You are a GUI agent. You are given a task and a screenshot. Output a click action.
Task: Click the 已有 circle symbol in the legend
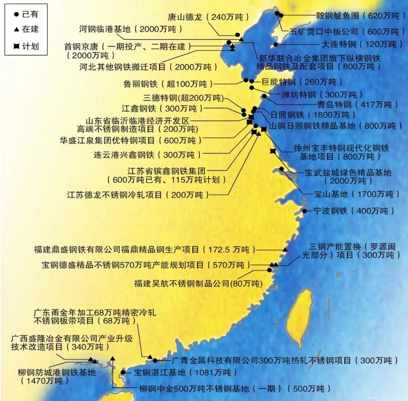click(x=16, y=15)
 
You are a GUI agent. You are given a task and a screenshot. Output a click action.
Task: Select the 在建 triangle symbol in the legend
click(x=16, y=29)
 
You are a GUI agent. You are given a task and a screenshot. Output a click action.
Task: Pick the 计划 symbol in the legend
click(x=16, y=47)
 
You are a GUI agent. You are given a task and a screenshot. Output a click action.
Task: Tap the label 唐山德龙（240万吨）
click(x=208, y=17)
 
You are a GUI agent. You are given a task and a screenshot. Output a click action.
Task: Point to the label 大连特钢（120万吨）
click(x=362, y=44)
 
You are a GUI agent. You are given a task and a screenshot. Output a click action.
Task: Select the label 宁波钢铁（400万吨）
click(x=354, y=211)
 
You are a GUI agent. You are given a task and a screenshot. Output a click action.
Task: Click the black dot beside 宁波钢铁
click(x=304, y=211)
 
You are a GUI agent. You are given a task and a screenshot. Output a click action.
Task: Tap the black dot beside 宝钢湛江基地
click(x=123, y=372)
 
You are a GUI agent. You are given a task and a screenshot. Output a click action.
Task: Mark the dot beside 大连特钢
click(x=276, y=45)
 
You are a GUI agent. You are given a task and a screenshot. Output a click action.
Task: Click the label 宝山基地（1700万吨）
click(x=356, y=194)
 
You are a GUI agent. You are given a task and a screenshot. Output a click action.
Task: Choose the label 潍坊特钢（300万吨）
click(x=321, y=94)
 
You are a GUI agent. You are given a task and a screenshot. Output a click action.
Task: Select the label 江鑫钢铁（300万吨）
click(x=162, y=109)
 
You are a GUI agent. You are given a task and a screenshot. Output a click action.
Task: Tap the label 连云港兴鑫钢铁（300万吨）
click(x=147, y=155)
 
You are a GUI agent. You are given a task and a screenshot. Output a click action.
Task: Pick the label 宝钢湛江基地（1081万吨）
click(x=185, y=373)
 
